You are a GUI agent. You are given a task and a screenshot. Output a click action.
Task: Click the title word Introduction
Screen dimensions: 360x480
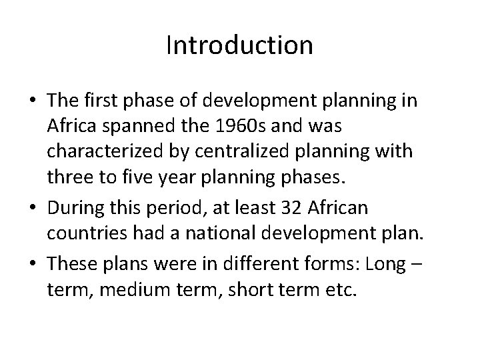[x=239, y=45]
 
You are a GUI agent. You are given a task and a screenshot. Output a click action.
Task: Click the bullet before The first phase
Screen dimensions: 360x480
[x=33, y=102]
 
